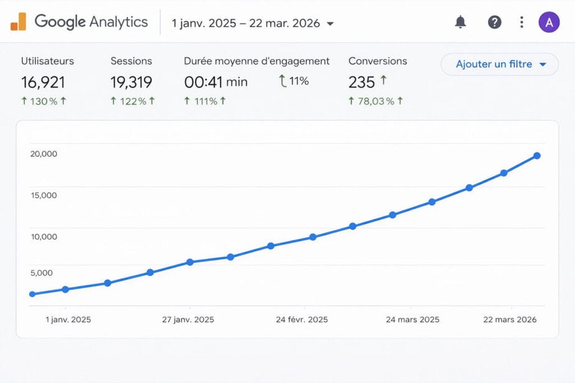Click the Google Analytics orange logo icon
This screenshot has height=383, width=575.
coord(18,22)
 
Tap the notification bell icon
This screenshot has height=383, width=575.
coord(460,22)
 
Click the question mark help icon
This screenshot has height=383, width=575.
coord(494,22)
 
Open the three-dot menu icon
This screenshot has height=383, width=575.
coord(521,22)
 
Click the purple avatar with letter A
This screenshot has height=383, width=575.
coord(549,22)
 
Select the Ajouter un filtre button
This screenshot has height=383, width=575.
coord(500,64)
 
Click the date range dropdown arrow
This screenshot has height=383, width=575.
coord(330,24)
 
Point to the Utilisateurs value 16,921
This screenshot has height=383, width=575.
coord(43,82)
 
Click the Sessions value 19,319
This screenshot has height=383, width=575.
coord(131,82)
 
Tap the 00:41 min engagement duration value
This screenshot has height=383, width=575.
coord(215,81)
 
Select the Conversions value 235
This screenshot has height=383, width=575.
coord(362,82)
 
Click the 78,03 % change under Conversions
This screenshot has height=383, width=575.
coord(376,101)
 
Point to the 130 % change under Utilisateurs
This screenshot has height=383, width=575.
coord(44,101)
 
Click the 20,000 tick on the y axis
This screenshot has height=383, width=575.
coord(44,154)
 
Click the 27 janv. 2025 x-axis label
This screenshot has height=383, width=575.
coord(188,320)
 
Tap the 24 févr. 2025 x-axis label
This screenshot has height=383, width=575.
coord(302,320)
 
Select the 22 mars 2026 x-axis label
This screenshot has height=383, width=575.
coord(511,320)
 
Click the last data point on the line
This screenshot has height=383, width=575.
coord(536,156)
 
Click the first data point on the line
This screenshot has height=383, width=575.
coord(32,294)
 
